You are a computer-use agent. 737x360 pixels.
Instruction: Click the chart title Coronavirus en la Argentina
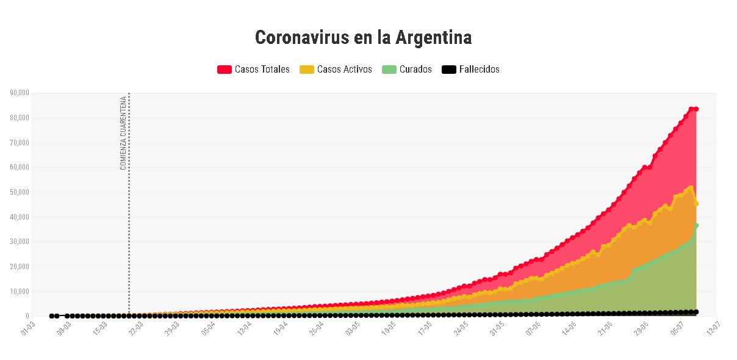[x=363, y=38]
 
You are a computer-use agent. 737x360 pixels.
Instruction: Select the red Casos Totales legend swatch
[x=225, y=70]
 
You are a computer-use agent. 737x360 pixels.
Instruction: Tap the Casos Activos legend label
[x=344, y=70]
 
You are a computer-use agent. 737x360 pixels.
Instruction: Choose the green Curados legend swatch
[x=389, y=70]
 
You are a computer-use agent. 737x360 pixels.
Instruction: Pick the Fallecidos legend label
[x=479, y=70]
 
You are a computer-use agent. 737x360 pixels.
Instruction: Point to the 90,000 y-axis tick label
[x=20, y=93]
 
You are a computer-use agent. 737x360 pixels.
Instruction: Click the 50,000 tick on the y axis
[x=20, y=192]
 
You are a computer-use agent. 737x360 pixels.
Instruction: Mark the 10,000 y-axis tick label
[x=20, y=292]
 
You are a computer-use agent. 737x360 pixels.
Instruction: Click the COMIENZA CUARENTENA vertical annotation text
[x=123, y=132]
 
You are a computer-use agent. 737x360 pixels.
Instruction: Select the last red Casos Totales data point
[x=696, y=109]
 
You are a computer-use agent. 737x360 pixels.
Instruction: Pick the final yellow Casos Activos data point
[x=696, y=203]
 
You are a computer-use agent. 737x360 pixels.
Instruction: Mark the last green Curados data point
[x=696, y=226]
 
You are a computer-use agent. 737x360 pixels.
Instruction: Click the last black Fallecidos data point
[x=696, y=312]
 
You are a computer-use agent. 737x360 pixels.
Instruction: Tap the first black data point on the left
[x=52, y=316]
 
